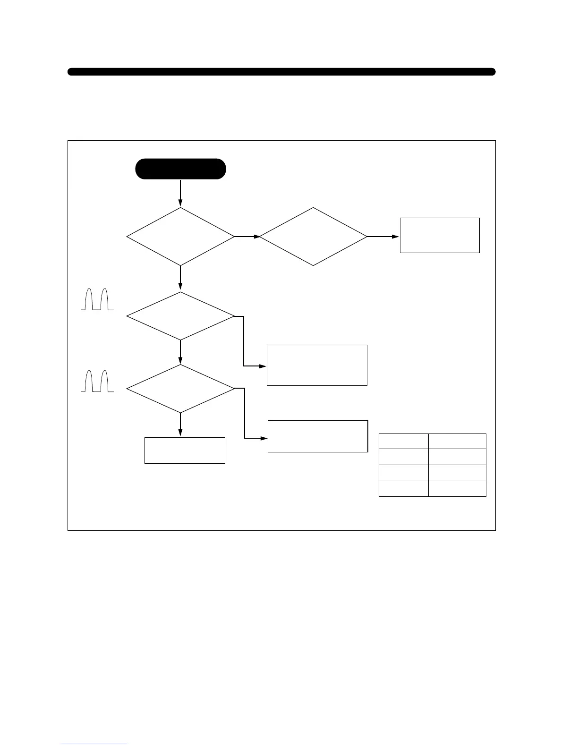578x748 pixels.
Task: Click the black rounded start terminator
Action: (x=180, y=169)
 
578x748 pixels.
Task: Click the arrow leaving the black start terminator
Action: (x=180, y=193)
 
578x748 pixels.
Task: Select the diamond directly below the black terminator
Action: (x=180, y=236)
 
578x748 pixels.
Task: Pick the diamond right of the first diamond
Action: (x=313, y=236)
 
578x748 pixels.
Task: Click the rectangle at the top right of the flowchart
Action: (x=440, y=235)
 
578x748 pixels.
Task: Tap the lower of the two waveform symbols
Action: (x=97, y=381)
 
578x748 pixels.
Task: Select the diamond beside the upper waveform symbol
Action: (x=180, y=316)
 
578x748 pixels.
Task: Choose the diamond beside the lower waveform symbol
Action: (x=180, y=388)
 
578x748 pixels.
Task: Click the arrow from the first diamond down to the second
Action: (x=180, y=279)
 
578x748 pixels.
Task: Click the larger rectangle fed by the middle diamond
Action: (x=317, y=365)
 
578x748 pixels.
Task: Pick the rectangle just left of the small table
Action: (x=317, y=436)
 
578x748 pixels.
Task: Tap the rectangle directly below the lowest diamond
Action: (x=185, y=450)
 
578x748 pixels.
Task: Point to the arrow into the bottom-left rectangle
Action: (x=180, y=425)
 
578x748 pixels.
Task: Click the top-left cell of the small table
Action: (x=404, y=441)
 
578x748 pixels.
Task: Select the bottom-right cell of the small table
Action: (x=457, y=489)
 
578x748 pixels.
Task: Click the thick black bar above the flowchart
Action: (x=281, y=72)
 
